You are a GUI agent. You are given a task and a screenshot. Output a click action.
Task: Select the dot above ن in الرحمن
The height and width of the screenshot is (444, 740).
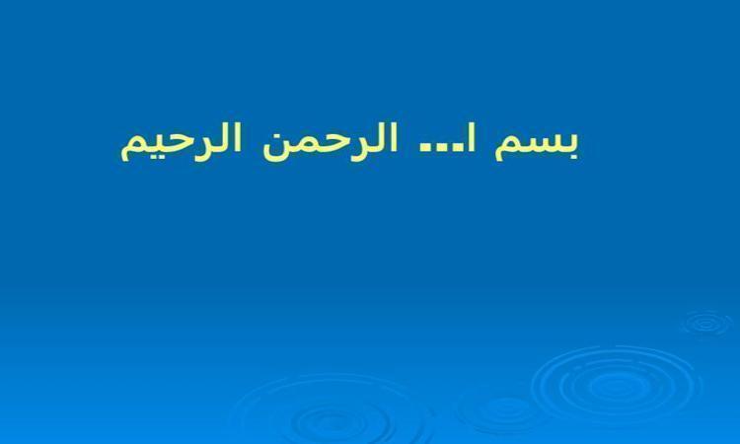point(278,130)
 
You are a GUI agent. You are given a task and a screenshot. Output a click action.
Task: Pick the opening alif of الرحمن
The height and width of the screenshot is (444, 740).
point(394,138)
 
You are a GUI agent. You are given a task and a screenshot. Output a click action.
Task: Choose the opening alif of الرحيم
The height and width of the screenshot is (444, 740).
point(238,138)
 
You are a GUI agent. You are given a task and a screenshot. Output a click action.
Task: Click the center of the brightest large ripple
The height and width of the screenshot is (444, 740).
point(616,386)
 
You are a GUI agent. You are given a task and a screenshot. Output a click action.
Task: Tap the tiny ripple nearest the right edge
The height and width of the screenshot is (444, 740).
point(706,324)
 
